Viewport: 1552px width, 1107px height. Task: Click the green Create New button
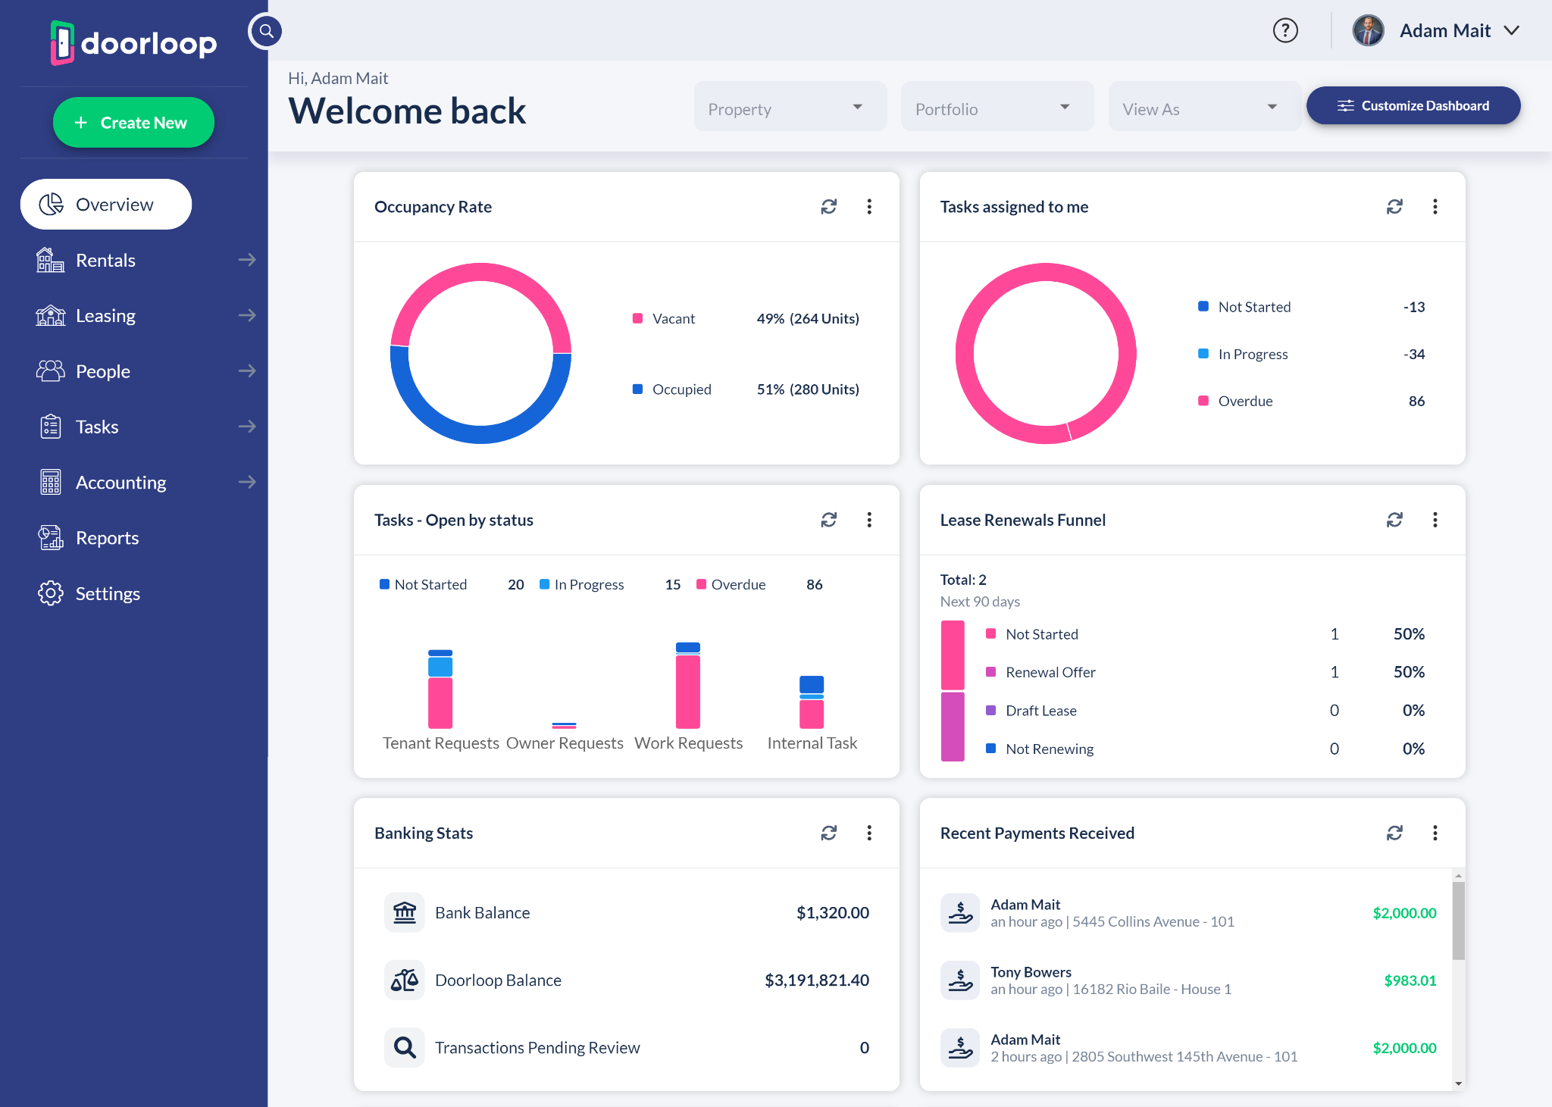133,123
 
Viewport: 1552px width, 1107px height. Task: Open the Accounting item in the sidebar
120,483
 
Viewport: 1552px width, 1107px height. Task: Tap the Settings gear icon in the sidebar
51,593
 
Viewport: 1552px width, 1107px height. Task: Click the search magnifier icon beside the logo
266,31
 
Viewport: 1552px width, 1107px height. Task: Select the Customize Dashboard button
1413,106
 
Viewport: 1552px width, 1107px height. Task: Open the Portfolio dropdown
997,109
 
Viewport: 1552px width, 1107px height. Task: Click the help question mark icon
1285,31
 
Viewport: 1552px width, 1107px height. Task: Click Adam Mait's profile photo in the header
1368,31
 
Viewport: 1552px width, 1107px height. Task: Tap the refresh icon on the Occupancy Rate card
828,207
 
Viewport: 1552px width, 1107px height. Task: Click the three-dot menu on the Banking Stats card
869,833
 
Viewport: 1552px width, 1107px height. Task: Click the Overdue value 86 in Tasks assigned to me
1416,402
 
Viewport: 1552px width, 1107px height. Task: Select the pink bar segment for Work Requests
688,691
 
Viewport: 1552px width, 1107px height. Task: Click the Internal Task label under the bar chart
812,743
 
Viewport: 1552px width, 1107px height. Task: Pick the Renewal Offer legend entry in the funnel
1050,672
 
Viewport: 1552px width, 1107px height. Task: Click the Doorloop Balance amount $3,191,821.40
816,980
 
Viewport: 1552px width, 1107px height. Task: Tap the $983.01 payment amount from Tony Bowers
1410,980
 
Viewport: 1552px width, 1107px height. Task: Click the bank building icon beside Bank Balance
405,913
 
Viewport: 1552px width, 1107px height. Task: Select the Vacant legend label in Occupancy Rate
673,319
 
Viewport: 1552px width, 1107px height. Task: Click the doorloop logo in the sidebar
134,43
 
